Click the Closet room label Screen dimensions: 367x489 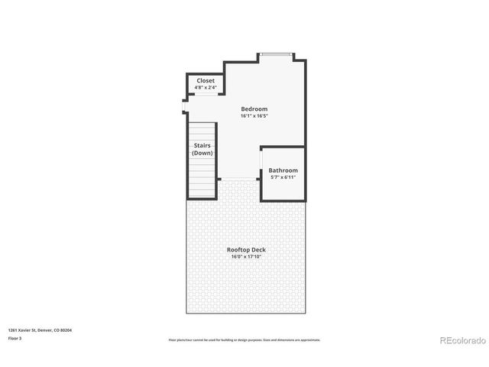(x=206, y=80)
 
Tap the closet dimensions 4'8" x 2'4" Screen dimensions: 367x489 (x=206, y=88)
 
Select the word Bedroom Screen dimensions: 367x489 (x=254, y=109)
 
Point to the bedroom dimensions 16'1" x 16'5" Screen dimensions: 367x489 (x=254, y=116)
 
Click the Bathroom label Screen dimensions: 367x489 (x=283, y=170)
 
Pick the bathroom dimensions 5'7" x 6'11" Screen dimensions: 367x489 (x=283, y=177)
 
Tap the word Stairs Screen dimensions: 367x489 (x=202, y=145)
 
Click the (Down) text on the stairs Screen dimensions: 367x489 (x=202, y=153)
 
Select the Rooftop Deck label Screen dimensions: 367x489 (x=246, y=250)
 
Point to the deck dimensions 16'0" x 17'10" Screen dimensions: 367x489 (x=246, y=257)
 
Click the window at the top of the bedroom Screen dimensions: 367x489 (x=275, y=54)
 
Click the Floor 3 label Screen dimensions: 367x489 (x=15, y=337)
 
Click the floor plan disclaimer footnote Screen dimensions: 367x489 (x=244, y=339)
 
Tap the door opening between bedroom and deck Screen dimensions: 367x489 (x=238, y=180)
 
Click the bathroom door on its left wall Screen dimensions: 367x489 (x=261, y=161)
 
